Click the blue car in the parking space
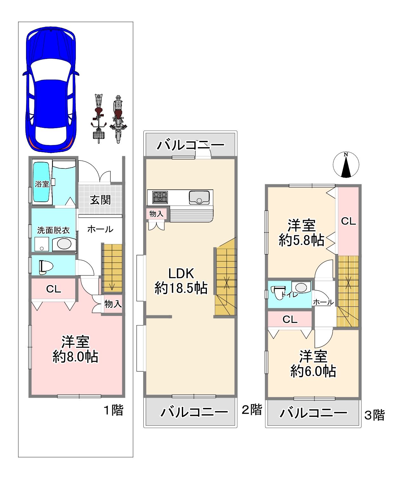click(51, 89)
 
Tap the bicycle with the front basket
click(99, 119)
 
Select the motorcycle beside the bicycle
click(118, 119)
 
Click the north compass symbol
click(346, 165)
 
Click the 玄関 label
click(100, 200)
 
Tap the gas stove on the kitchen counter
click(160, 197)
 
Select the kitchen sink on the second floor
click(199, 198)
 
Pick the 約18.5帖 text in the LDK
click(181, 288)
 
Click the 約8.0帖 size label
click(76, 357)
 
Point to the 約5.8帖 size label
click(301, 240)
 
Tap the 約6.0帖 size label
click(313, 371)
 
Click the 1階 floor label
click(114, 410)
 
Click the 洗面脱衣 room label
click(53, 230)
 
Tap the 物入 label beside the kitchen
click(156, 214)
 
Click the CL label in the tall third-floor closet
click(348, 221)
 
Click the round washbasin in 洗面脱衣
click(64, 244)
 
